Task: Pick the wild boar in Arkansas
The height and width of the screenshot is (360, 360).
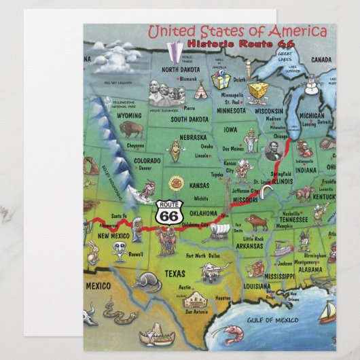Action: click(x=257, y=221)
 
